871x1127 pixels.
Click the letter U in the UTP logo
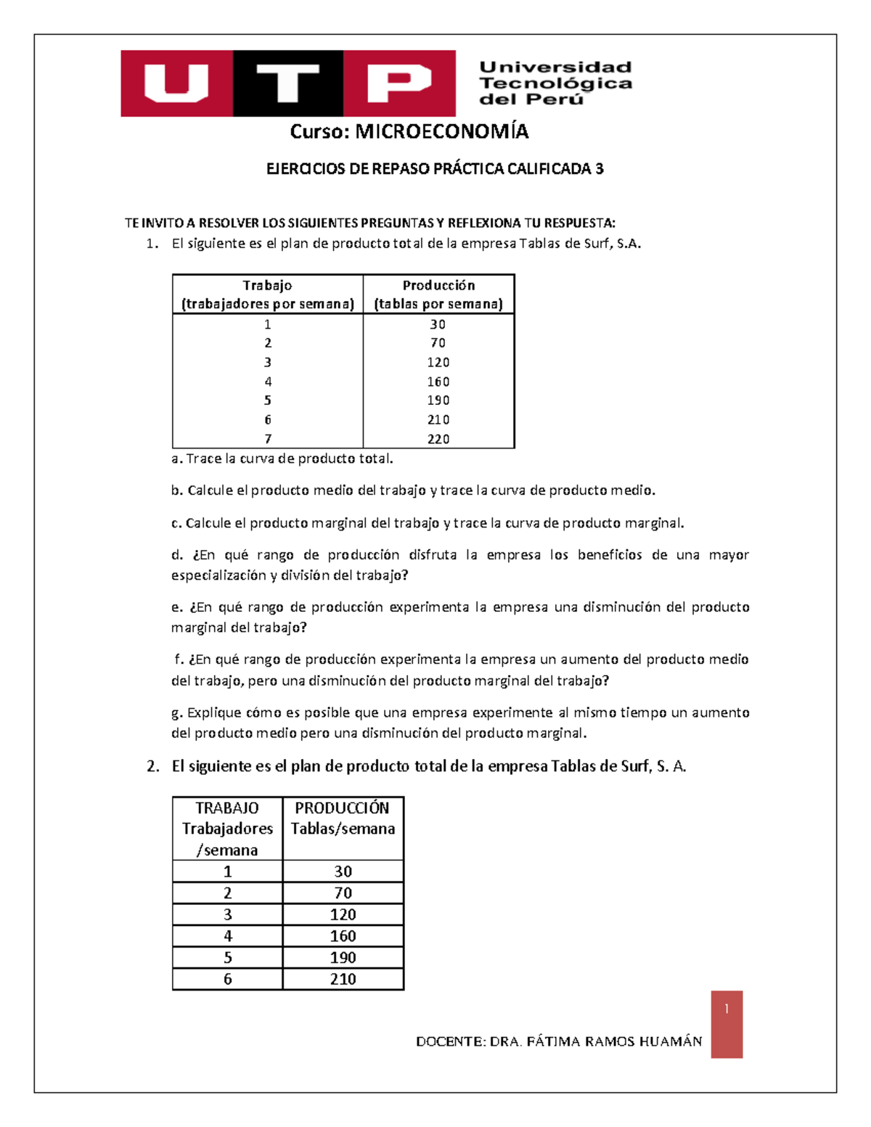[176, 83]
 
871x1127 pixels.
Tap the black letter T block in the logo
[287, 83]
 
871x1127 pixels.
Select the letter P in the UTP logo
[398, 83]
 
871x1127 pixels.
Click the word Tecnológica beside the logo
[555, 83]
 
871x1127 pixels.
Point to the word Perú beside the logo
[558, 99]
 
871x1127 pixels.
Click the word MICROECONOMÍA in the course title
[441, 131]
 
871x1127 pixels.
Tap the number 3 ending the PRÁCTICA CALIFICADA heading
[599, 169]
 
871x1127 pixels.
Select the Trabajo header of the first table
[267, 285]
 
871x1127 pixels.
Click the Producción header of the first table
[438, 285]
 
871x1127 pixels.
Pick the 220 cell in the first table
[438, 439]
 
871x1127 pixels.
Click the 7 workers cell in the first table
[268, 439]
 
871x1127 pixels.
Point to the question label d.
[177, 555]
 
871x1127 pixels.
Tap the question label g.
[176, 713]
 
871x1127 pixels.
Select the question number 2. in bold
[152, 766]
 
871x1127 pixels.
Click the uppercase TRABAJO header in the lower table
[227, 808]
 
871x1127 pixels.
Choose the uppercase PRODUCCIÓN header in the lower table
[342, 808]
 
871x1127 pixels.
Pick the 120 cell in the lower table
[343, 914]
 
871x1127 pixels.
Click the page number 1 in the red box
[727, 1009]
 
